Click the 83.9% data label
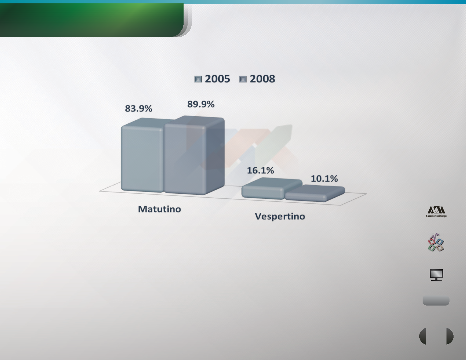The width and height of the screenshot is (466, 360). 139,109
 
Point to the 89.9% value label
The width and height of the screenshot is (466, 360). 201,104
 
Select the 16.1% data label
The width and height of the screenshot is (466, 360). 260,170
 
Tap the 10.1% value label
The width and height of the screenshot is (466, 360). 324,178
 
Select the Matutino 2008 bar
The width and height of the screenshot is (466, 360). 194,155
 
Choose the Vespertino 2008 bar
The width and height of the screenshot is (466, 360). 315,193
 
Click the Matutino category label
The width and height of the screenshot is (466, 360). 159,209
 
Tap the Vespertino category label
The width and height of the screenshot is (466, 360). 280,216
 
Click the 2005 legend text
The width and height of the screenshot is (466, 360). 218,79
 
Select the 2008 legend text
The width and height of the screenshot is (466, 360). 262,79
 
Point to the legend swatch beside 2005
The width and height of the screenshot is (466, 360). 198,79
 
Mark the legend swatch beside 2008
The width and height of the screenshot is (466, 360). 243,79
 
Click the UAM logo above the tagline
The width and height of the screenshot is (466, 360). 436,210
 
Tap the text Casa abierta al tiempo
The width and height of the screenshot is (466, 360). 436,216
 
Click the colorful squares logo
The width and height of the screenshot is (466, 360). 436,242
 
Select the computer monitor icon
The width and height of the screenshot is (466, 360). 436,275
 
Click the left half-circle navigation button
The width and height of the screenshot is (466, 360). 423,336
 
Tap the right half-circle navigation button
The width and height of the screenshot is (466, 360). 450,336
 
